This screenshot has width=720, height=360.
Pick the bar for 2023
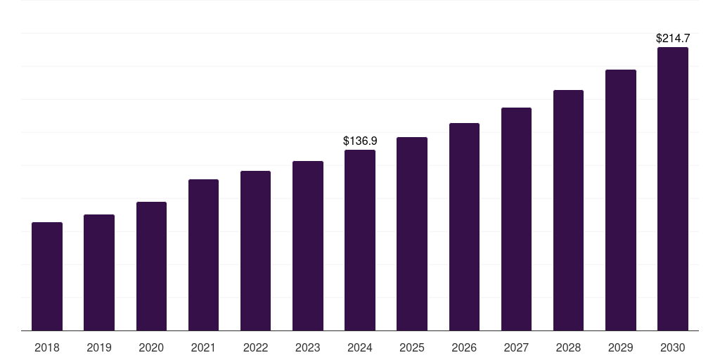[x=308, y=245]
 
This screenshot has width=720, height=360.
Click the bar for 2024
[x=360, y=240]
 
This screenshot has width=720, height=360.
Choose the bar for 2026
[x=464, y=226]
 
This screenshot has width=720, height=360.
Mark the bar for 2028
[x=568, y=210]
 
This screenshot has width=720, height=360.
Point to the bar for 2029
[x=621, y=200]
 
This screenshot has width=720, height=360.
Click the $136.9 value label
[x=360, y=141]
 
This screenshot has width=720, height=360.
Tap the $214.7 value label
[x=673, y=39]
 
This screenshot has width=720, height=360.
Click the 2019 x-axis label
[x=99, y=348]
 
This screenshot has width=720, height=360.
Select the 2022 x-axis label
[x=255, y=348]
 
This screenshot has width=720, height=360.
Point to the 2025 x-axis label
[x=412, y=348]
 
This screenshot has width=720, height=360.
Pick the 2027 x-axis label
[x=516, y=348]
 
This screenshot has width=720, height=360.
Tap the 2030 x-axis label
[x=673, y=348]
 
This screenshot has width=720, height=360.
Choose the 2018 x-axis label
[x=47, y=348]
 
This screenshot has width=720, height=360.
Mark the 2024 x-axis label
[x=360, y=348]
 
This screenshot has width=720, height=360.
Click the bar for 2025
[x=412, y=233]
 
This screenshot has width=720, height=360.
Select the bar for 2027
[x=516, y=219]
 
